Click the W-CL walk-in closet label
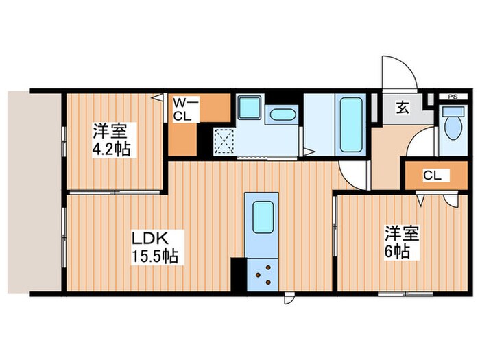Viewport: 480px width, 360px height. tap(184, 109)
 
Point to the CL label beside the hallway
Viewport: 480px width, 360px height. tap(431, 176)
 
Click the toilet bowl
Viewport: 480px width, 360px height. tap(453, 126)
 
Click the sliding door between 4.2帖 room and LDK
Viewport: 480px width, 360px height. tap(117, 192)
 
